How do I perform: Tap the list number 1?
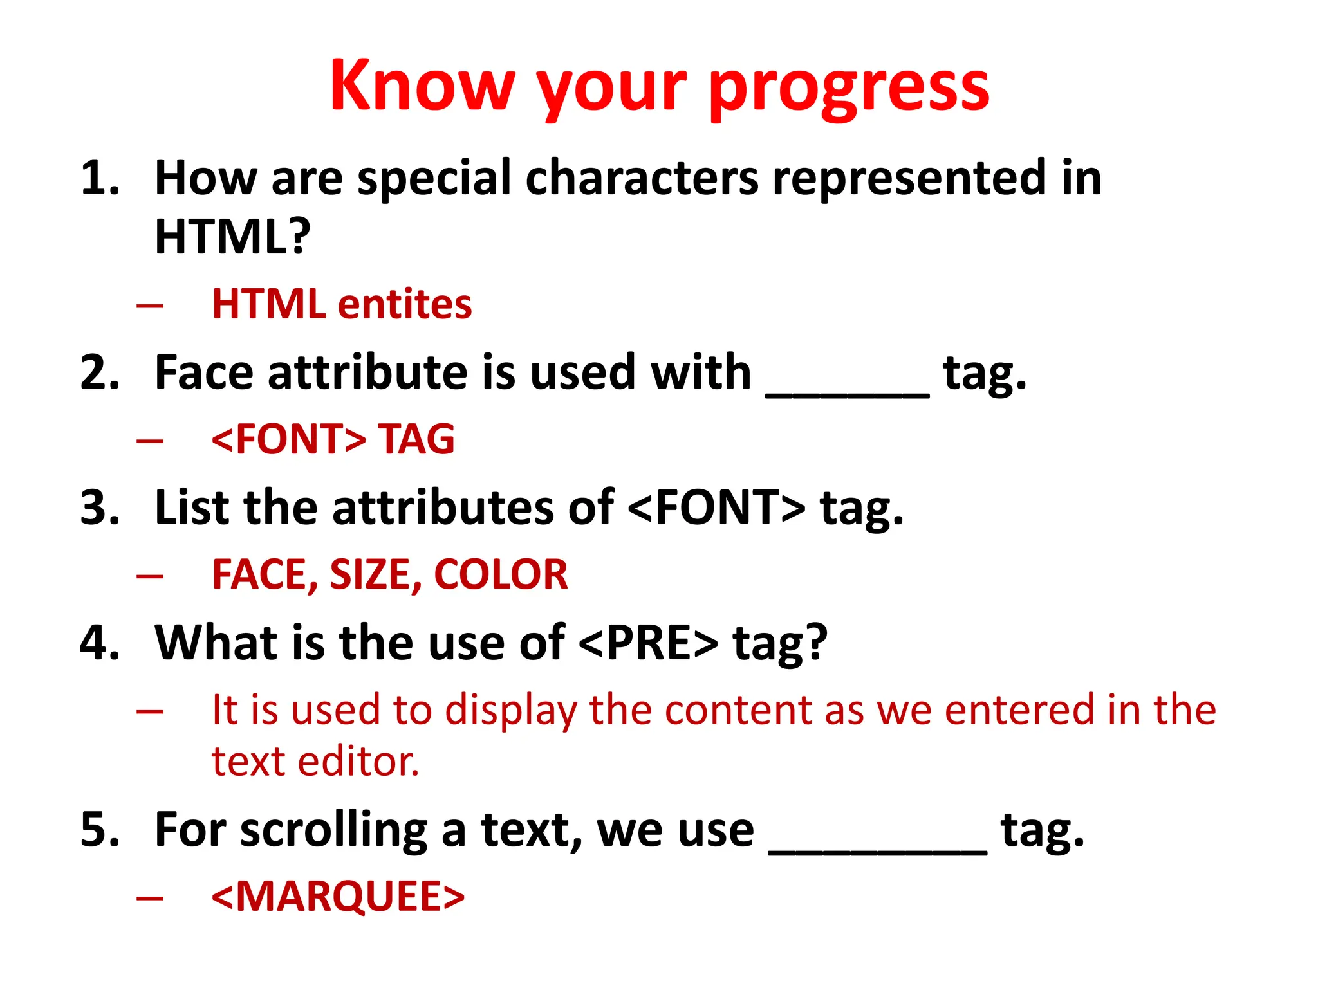[x=100, y=178]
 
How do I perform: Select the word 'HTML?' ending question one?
[x=232, y=237]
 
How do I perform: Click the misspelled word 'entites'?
[x=405, y=304]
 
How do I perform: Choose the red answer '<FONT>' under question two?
[x=289, y=439]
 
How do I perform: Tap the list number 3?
[x=100, y=508]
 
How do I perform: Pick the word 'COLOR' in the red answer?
[x=501, y=574]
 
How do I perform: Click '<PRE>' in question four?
[x=648, y=643]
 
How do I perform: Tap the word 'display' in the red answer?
[x=511, y=711]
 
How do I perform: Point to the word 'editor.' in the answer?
[x=358, y=762]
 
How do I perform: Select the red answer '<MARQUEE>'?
[x=338, y=897]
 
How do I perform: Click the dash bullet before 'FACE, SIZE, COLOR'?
[x=150, y=575]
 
